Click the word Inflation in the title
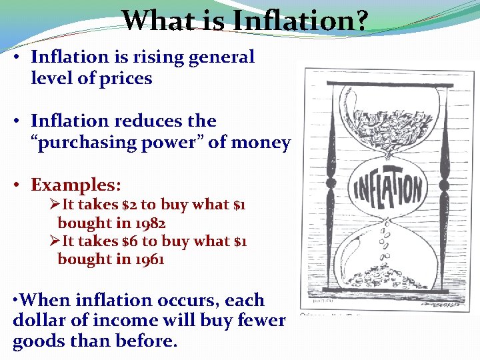click(293, 21)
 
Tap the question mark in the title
click(361, 21)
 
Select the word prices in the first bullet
click(125, 79)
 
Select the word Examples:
click(73, 185)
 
